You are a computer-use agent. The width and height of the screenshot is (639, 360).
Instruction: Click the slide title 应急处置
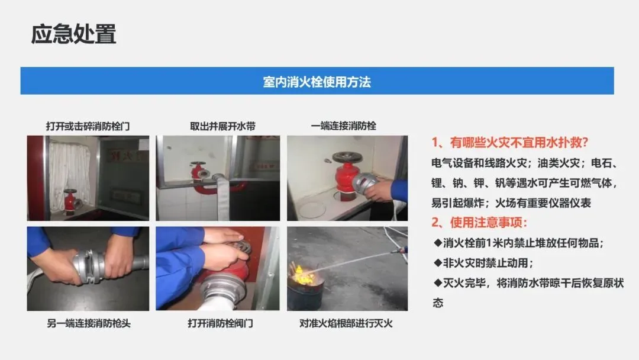pos(73,34)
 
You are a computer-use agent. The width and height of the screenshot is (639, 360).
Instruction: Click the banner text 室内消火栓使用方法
pos(317,82)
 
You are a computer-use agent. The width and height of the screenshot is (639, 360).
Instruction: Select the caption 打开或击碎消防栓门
pos(88,126)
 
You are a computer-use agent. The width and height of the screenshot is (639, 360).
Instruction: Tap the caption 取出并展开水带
pos(222,126)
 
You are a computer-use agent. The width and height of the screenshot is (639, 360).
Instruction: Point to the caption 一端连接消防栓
pos(344,126)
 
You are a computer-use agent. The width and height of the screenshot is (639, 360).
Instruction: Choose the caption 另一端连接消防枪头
pos(88,323)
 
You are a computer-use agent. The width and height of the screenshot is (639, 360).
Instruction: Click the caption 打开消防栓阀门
pos(220,323)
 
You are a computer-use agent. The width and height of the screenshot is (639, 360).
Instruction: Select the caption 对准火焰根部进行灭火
pos(346,323)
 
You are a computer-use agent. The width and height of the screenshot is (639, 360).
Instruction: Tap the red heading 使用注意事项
pos(488,222)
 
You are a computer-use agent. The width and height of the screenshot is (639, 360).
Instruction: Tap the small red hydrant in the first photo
pos(70,201)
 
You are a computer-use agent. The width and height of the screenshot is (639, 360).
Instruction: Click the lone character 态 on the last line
pos(438,303)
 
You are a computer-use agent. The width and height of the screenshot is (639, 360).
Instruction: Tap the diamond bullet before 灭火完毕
pos(438,283)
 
